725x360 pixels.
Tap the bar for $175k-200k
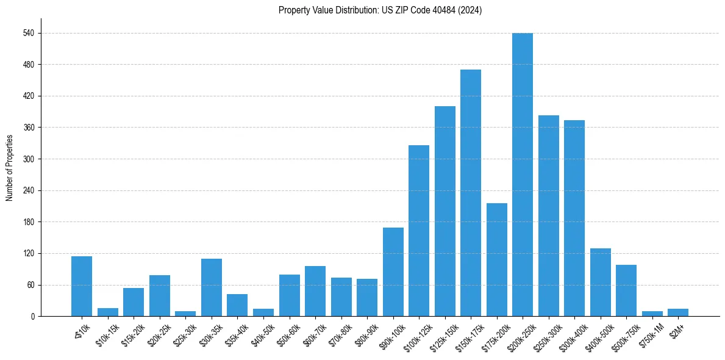click(496, 259)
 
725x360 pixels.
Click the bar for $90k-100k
click(393, 272)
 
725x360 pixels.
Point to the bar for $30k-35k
click(212, 287)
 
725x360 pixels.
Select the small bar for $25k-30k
click(185, 314)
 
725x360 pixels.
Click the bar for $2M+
click(678, 312)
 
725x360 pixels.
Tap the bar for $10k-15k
click(108, 312)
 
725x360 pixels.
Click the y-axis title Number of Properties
click(10, 167)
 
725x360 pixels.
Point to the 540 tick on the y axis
click(32, 33)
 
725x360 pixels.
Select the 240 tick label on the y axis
click(32, 190)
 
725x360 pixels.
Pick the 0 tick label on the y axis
click(35, 316)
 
